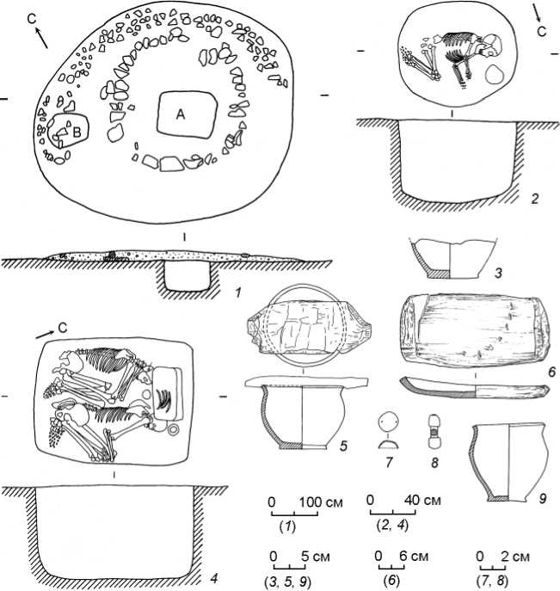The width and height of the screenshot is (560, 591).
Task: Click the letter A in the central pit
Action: coord(181,114)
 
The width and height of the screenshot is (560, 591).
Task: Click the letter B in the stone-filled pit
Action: coord(77,132)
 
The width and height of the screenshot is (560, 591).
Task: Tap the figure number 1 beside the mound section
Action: coord(237,292)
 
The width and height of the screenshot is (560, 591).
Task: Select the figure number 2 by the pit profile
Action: coord(535,198)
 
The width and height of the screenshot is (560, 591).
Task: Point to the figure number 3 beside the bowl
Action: coord(499,273)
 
